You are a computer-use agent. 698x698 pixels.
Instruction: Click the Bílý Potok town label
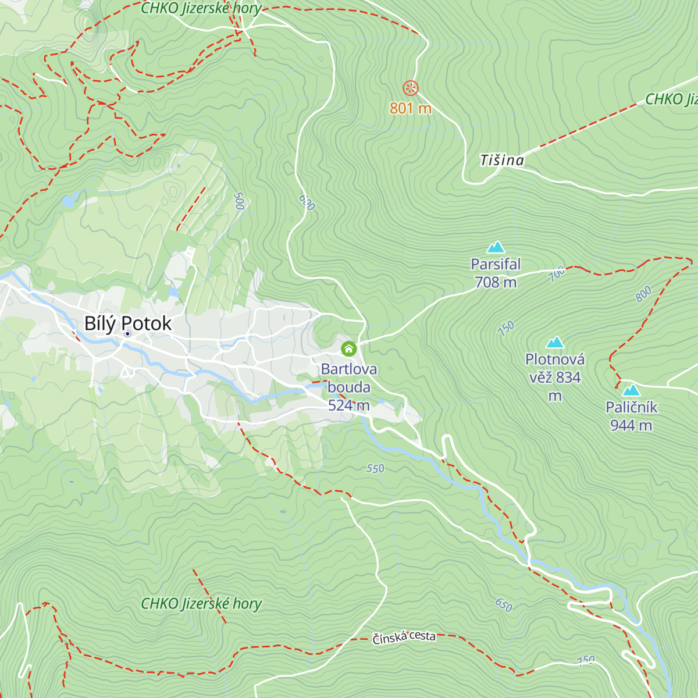128,323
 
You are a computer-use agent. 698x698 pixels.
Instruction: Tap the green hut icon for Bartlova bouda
348,348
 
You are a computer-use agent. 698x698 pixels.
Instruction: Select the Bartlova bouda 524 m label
349,387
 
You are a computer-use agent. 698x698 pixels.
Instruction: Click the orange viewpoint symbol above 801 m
411,88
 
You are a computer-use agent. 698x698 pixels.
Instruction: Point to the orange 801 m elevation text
411,108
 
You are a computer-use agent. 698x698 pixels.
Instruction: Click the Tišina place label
502,160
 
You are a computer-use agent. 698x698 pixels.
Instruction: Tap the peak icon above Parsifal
496,247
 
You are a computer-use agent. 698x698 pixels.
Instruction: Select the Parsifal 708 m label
496,273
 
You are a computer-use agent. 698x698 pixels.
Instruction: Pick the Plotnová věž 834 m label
555,377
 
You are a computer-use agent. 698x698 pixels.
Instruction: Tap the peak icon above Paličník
631,390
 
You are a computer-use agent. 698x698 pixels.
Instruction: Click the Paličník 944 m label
631,416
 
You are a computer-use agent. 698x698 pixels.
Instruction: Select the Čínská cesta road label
404,637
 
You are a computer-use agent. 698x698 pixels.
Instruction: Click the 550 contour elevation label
375,468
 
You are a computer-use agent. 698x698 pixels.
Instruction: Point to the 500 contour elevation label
238,201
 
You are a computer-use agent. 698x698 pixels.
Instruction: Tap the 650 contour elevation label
504,605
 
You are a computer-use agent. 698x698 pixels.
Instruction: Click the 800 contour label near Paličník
643,294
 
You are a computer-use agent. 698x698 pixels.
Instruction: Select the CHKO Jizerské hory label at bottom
201,604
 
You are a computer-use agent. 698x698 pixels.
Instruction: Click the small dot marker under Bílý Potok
127,334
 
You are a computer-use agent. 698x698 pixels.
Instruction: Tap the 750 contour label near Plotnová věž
506,329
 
